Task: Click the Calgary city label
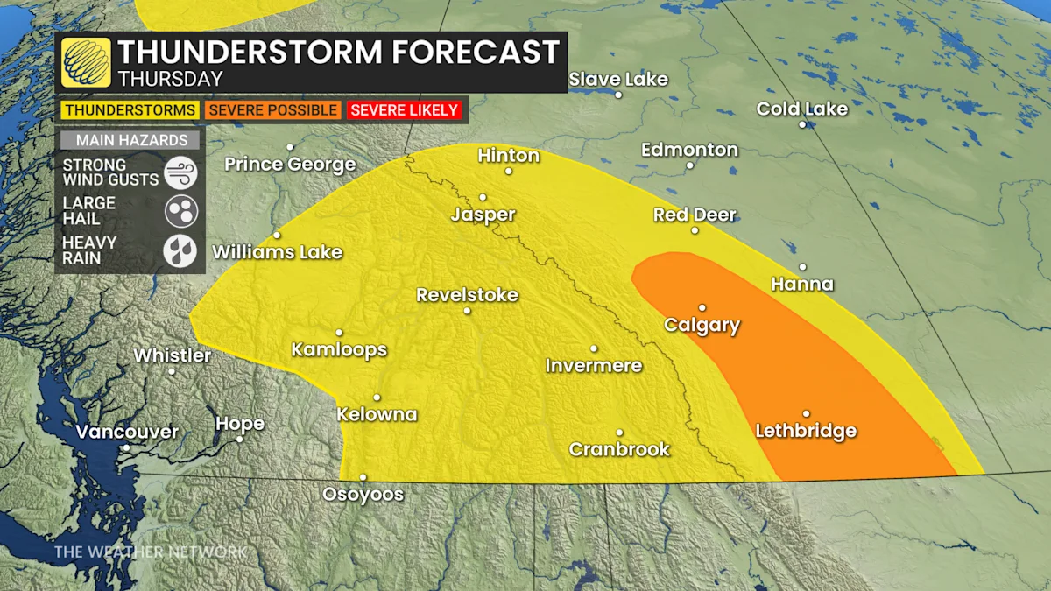[x=702, y=326]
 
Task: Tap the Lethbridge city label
[x=805, y=431]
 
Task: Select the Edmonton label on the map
[x=689, y=150]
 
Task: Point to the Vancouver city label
[x=127, y=432]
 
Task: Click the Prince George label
[x=290, y=164]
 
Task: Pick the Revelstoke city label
[x=467, y=295]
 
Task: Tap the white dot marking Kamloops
[x=339, y=332]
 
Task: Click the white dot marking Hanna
[x=802, y=267]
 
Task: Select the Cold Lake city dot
[x=801, y=124]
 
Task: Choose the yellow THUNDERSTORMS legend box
[x=130, y=110]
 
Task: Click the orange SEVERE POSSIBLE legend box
[x=273, y=110]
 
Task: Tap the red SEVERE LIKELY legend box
[x=404, y=110]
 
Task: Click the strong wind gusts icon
[x=180, y=171]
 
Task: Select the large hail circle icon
[x=180, y=211]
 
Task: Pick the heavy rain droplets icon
[x=180, y=250]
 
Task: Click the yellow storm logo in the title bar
[x=86, y=62]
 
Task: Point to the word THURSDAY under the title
[x=170, y=79]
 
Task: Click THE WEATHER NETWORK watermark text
[x=151, y=552]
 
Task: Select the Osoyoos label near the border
[x=363, y=495]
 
